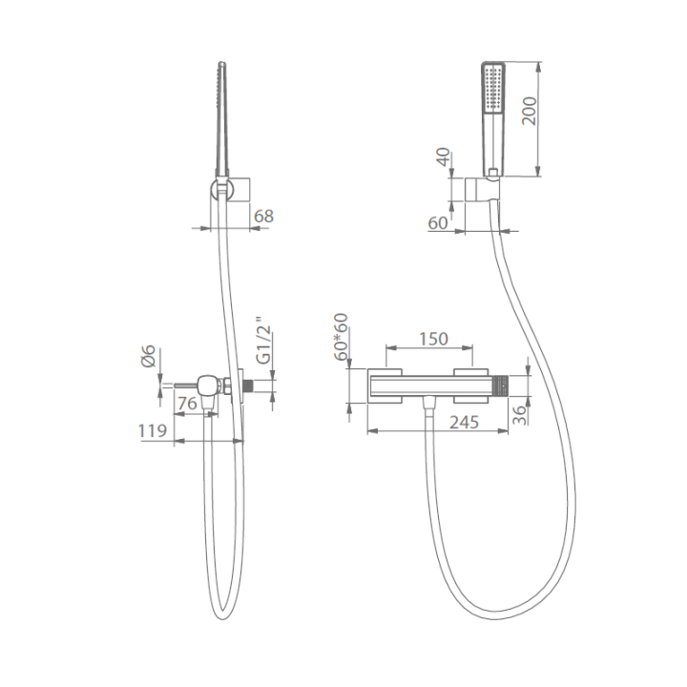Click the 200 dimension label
point(530,111)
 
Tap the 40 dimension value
point(444,156)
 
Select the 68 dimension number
point(263,216)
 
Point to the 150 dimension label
point(434,339)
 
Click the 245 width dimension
point(465,422)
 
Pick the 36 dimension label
point(520,414)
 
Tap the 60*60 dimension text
point(341,337)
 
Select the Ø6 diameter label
point(148,356)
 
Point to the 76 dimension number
point(188,404)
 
